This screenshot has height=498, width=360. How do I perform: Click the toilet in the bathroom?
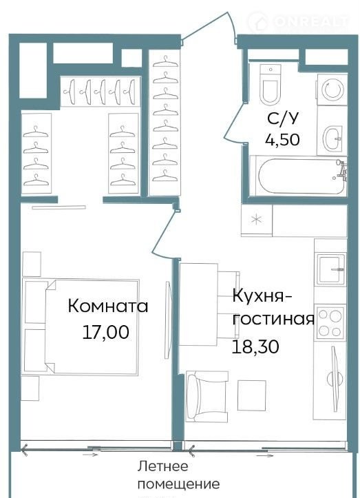pyautogui.click(x=270, y=84)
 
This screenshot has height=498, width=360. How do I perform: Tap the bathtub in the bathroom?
pyautogui.click(x=301, y=176)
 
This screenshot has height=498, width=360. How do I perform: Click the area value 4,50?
pyautogui.click(x=282, y=139)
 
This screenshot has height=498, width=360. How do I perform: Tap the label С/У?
pyautogui.click(x=283, y=118)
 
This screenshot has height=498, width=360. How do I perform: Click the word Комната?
pyautogui.click(x=108, y=307)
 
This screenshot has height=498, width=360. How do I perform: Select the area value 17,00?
pyautogui.click(x=106, y=332)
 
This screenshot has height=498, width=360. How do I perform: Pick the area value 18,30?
pyautogui.click(x=255, y=346)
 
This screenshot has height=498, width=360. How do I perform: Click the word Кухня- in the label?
pyautogui.click(x=262, y=297)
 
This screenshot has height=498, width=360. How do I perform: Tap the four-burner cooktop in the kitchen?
pyautogui.click(x=330, y=323)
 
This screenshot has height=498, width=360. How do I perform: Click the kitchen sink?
pyautogui.click(x=331, y=269)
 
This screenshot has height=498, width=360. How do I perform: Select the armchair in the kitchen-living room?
pyautogui.click(x=207, y=396)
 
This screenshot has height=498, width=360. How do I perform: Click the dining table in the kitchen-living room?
pyautogui.click(x=199, y=304)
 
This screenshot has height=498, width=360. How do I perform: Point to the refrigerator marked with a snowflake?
pyautogui.click(x=257, y=220)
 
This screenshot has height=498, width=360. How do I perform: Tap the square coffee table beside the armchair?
pyautogui.click(x=252, y=395)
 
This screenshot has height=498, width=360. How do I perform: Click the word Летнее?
pyautogui.click(x=163, y=466)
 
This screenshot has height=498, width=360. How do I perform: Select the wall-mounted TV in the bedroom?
pyautogui.click(x=168, y=320)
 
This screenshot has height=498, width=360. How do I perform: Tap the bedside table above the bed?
pyautogui.click(x=32, y=264)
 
